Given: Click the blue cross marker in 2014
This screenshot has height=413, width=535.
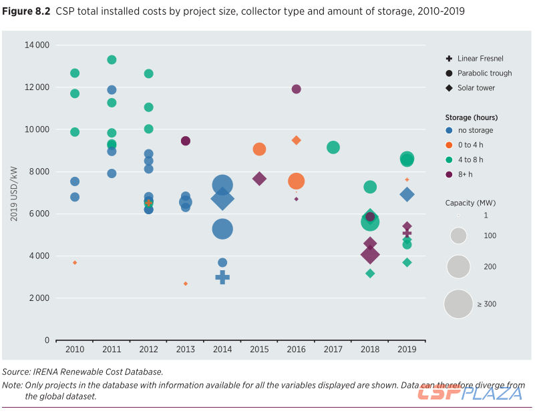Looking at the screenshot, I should click(x=222, y=277).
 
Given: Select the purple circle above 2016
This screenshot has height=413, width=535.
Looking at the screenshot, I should click(x=296, y=89).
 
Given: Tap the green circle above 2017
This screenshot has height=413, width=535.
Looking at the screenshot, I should click(x=333, y=147).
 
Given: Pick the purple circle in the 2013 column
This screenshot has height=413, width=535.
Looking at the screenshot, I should click(x=186, y=141).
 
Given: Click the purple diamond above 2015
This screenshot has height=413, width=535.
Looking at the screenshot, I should click(x=259, y=178).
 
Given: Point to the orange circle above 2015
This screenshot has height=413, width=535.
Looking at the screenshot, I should click(x=259, y=149).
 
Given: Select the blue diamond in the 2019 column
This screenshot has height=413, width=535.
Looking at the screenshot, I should click(x=407, y=194).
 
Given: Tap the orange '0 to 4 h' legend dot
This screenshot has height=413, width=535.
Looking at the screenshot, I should click(x=450, y=145).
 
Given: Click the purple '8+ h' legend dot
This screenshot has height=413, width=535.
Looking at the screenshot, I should click(x=450, y=174).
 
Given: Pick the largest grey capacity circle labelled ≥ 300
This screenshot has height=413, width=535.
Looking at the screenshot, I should click(x=459, y=304).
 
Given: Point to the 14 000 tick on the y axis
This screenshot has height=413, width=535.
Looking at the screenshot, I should click(x=38, y=45).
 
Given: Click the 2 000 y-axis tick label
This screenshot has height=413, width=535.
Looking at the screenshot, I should click(x=38, y=298).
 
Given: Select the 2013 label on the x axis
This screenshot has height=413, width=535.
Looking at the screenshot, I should click(x=186, y=349).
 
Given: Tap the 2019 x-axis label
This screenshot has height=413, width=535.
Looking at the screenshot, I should click(x=407, y=349).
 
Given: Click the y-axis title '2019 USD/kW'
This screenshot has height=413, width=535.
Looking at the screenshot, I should click(x=14, y=192).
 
